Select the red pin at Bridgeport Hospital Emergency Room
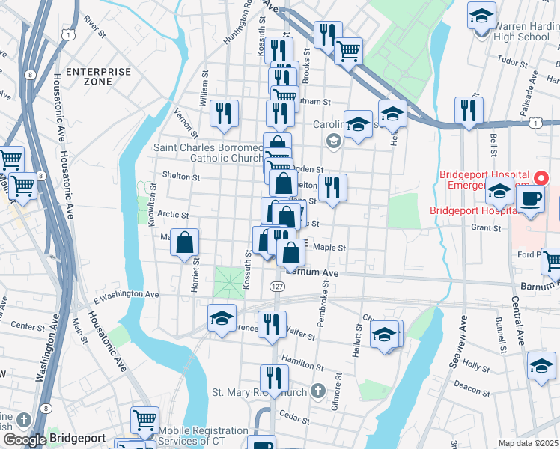(544, 179)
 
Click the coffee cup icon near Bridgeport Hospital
(531, 200)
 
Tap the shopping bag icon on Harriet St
(185, 243)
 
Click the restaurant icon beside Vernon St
(224, 114)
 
